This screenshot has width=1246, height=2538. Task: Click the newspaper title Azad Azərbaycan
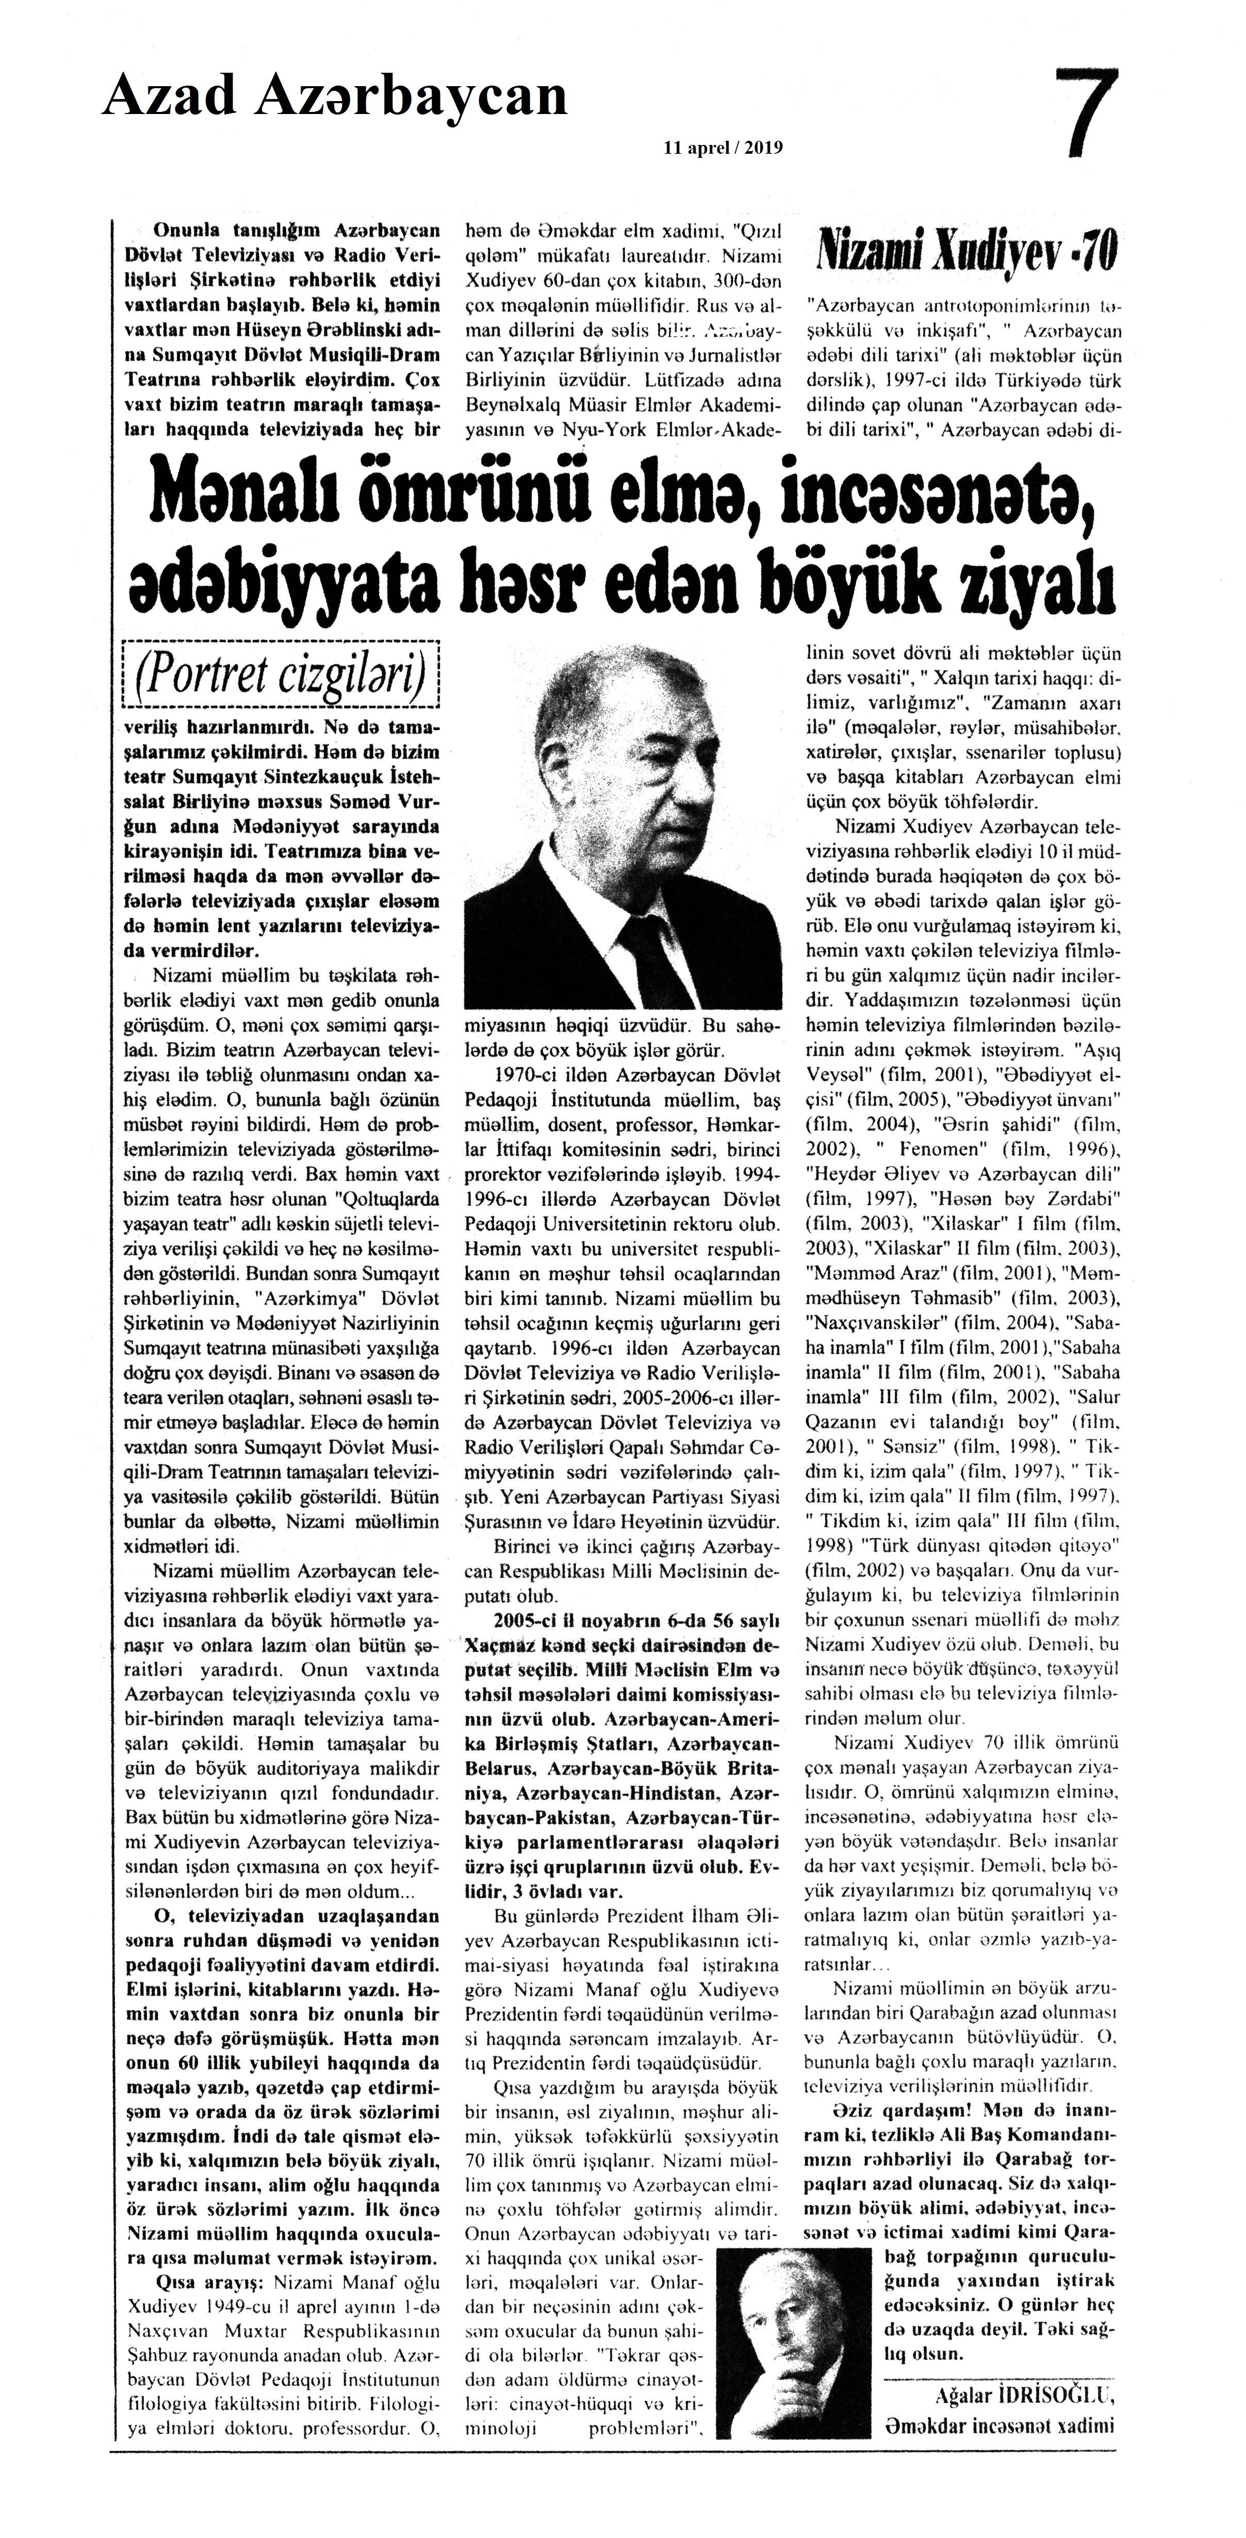(335, 96)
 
